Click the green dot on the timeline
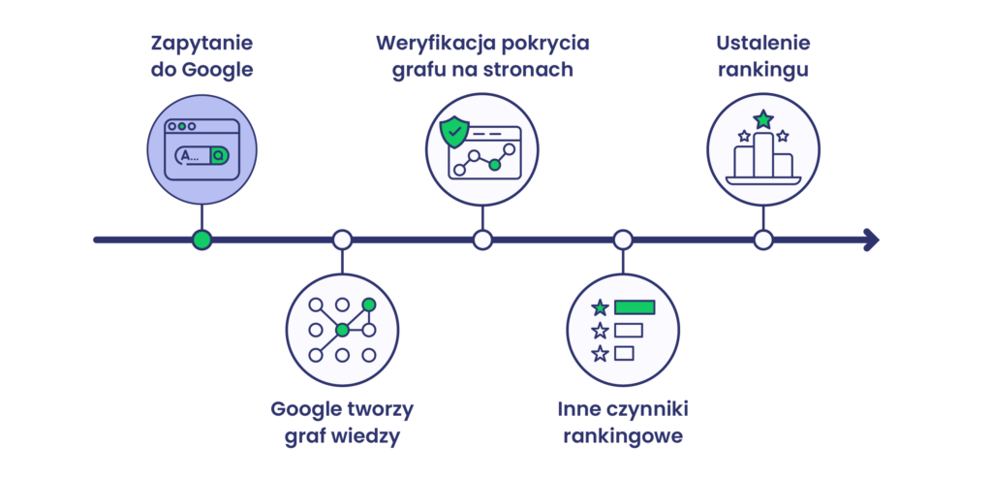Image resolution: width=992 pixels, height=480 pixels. click(201, 240)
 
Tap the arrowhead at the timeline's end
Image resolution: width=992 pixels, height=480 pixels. click(871, 240)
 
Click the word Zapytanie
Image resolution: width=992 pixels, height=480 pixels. click(201, 44)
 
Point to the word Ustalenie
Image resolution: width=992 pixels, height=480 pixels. click(763, 44)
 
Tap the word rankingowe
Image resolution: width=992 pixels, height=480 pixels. click(622, 436)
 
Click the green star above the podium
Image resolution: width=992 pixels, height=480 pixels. click(763, 119)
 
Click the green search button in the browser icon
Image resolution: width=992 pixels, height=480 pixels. click(221, 155)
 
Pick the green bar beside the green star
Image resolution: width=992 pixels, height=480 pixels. click(635, 307)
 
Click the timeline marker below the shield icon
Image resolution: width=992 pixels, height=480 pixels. click(482, 240)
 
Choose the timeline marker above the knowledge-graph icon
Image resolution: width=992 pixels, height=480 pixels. click(342, 240)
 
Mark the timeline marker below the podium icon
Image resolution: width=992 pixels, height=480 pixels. click(763, 240)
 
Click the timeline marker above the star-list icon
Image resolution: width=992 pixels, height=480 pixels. click(623, 240)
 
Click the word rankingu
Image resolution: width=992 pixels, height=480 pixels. click(763, 70)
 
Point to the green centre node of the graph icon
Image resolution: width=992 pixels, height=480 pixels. click(342, 331)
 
